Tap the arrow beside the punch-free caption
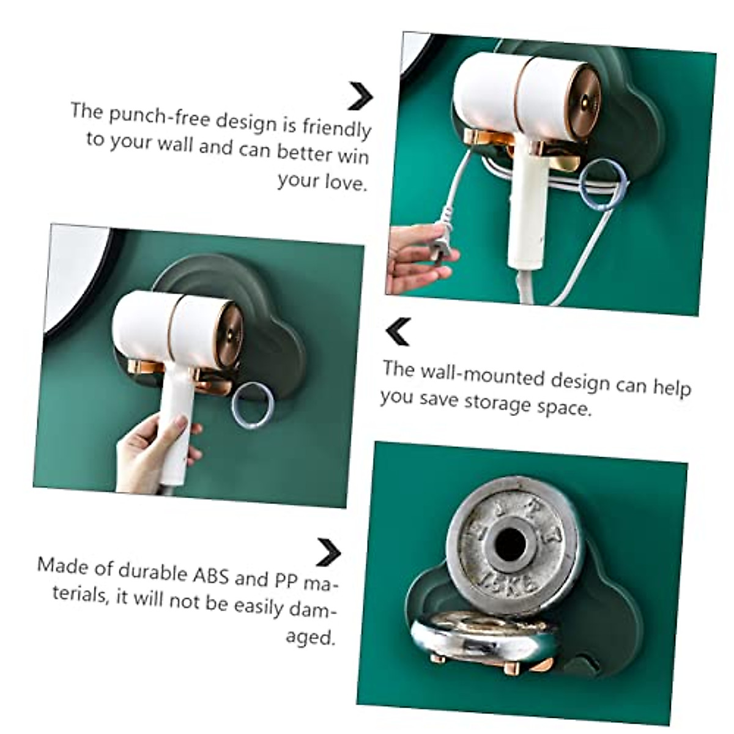(360, 96)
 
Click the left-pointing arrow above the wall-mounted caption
(398, 332)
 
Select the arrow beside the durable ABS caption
(328, 552)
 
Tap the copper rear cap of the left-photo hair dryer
(229, 334)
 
